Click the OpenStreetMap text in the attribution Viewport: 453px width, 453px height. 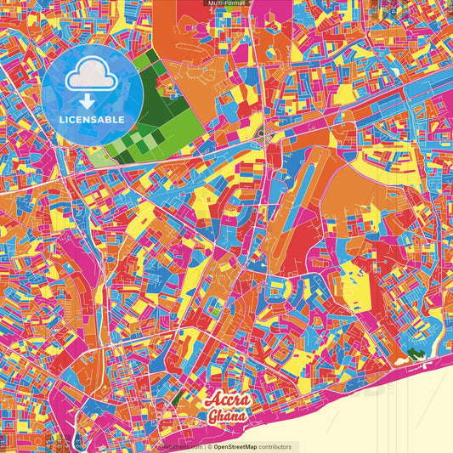tap(235, 446)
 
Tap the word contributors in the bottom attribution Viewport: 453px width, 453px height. tap(275, 446)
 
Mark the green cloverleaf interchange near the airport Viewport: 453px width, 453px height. tap(264, 135)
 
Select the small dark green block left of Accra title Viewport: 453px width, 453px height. tap(177, 396)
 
